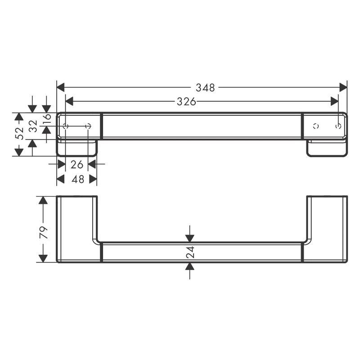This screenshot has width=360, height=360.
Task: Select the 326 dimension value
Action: (186, 102)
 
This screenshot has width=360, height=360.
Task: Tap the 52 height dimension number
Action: (19, 134)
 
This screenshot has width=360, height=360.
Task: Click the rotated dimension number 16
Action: (47, 120)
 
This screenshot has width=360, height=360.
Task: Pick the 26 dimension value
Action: (76, 164)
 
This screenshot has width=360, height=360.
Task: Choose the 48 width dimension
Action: (77, 179)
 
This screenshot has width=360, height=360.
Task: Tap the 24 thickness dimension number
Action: (190, 252)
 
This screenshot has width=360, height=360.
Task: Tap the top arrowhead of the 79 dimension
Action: (43, 201)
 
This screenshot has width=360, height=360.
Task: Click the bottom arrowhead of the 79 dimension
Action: (43, 258)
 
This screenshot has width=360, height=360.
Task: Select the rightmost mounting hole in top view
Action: (337, 126)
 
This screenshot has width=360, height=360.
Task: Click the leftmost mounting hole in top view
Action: (66, 126)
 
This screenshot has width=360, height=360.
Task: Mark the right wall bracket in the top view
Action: (327, 148)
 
